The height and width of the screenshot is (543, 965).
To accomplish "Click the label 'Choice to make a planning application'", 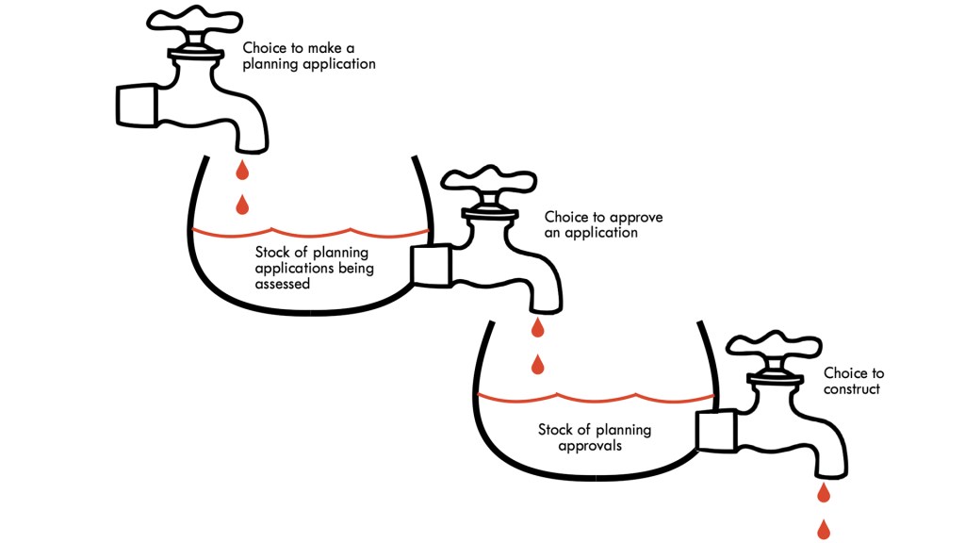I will (x=309, y=56).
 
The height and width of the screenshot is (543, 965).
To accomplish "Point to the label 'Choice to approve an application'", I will (x=603, y=224).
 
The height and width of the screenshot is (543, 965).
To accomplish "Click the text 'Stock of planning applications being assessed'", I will (x=311, y=268).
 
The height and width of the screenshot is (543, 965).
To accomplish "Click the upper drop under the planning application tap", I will (x=242, y=171).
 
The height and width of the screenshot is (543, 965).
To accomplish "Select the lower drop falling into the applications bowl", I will (x=242, y=204).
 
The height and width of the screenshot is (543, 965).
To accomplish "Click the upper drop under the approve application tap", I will (x=538, y=328).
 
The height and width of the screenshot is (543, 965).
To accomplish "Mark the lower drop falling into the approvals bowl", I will (x=538, y=363).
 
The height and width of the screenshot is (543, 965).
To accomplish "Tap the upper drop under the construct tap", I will (x=824, y=493).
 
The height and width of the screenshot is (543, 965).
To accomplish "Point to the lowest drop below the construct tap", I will (x=824, y=528).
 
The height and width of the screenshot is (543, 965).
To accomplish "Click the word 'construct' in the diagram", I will (x=852, y=389).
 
